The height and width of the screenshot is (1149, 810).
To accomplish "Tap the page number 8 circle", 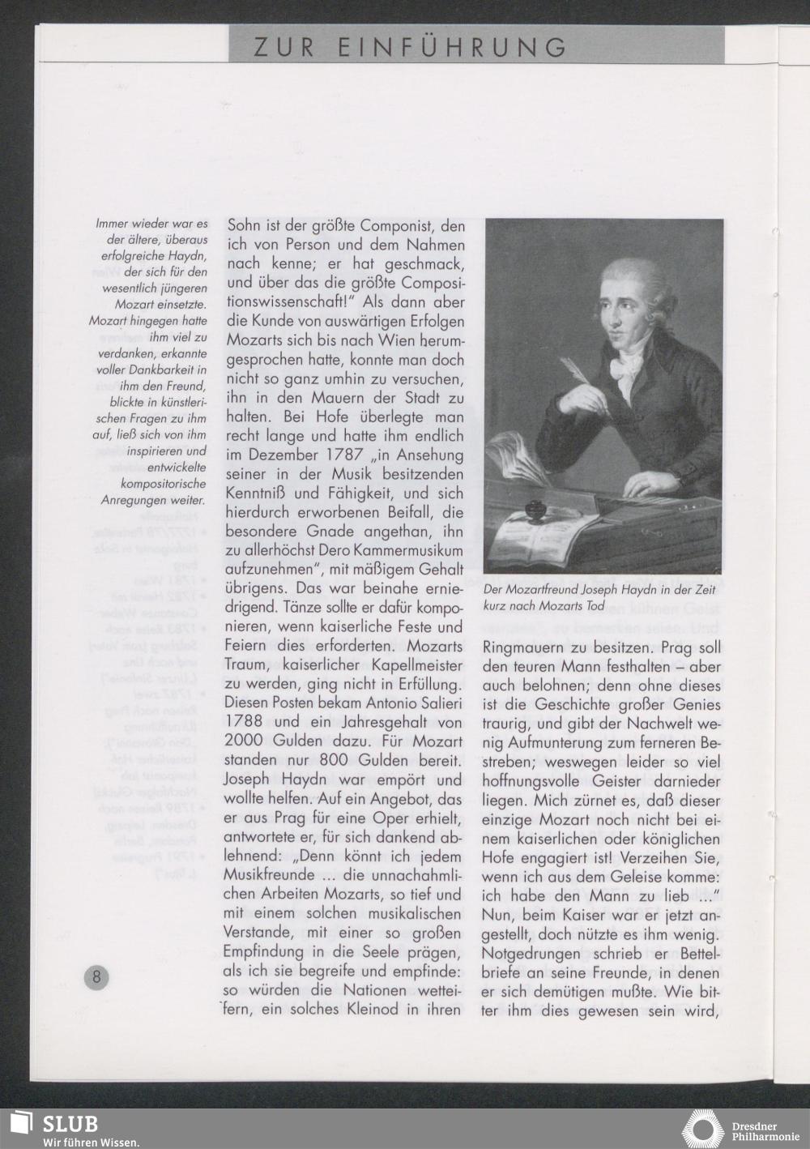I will [96, 976].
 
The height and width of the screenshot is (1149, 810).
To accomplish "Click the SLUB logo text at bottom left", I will [70, 1123].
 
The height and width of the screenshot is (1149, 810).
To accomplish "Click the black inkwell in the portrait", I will [535, 512].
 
